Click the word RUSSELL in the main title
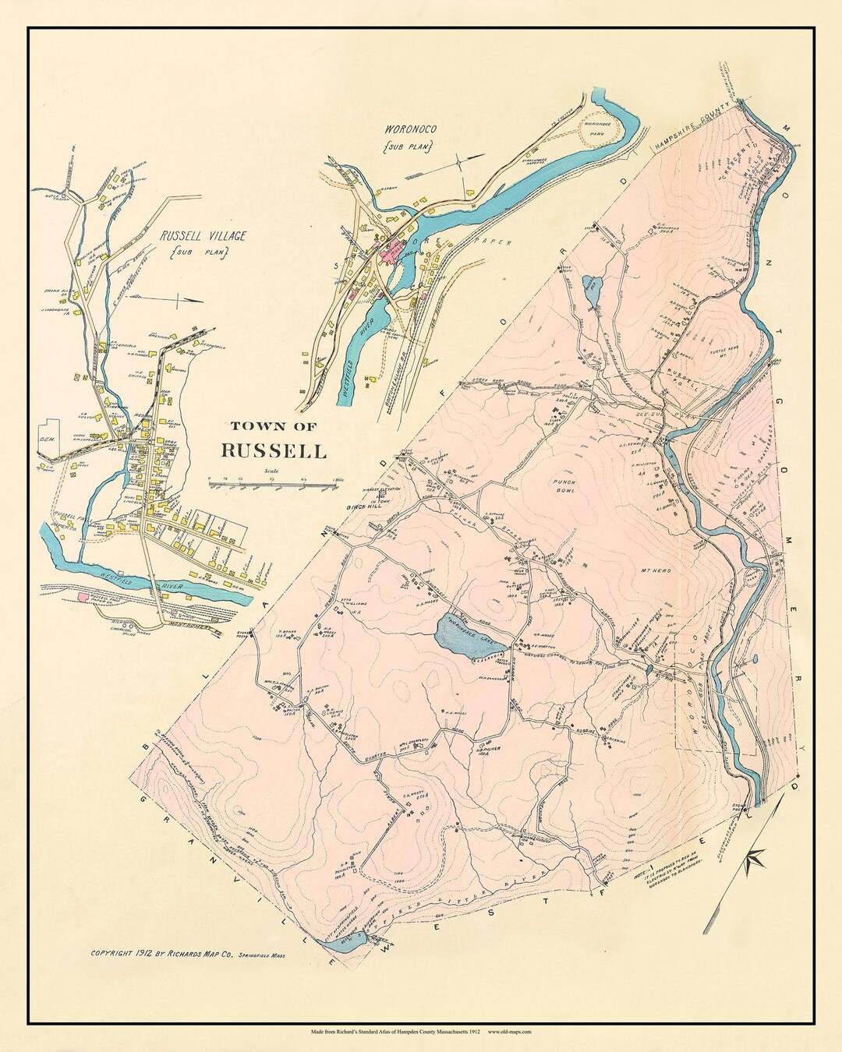coord(274,450)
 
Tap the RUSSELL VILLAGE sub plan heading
coord(203,235)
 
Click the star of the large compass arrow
coord(755,860)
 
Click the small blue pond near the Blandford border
coord(590,290)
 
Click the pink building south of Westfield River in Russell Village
coord(83,596)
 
